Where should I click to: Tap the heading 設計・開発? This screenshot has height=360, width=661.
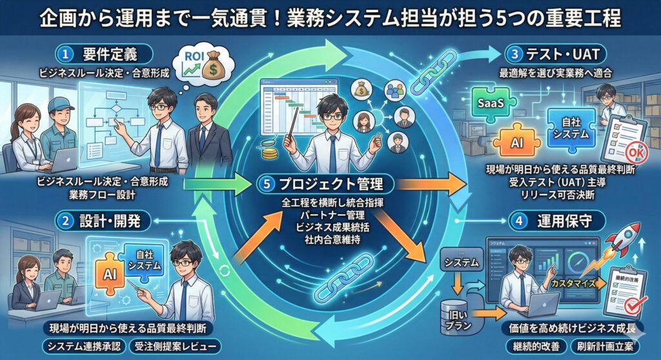[103, 220]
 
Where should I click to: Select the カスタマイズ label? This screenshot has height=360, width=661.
[573, 284]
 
